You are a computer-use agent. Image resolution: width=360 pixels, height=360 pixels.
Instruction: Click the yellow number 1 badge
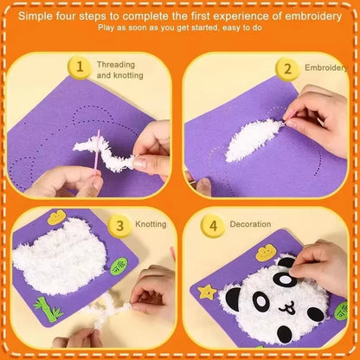[x=80, y=67]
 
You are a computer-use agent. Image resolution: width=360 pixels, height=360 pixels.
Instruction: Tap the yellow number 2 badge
[x=285, y=67]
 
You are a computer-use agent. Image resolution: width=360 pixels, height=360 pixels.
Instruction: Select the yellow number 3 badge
[x=119, y=223]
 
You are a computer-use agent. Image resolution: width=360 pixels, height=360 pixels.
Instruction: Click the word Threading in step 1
[x=115, y=64]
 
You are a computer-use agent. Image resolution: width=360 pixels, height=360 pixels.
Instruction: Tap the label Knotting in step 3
[x=151, y=224]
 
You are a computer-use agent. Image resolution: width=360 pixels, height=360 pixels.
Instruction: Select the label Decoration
[x=250, y=224]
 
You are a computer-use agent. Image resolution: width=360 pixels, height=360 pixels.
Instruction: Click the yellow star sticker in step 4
[x=206, y=290]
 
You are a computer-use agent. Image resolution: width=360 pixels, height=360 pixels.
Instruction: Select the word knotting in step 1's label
[x=131, y=75]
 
